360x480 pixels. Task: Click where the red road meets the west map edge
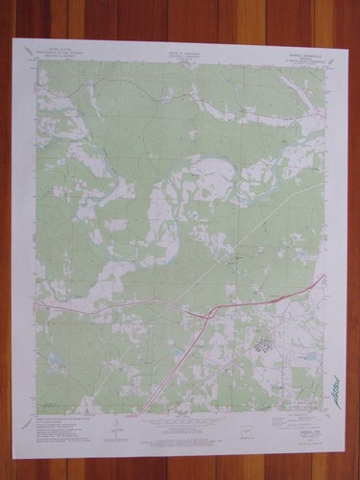[x=36, y=305]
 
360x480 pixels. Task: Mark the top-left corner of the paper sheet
[x=12, y=39]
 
